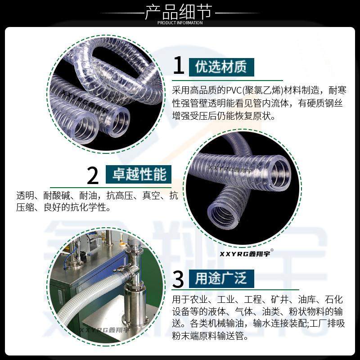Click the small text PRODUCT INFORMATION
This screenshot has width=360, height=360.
tap(180, 23)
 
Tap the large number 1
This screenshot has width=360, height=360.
tap(179, 66)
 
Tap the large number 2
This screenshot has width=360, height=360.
tap(93, 175)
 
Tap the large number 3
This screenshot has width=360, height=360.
tap(179, 279)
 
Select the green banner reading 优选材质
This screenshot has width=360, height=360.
tap(221, 67)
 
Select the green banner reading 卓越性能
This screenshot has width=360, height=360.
tap(139, 174)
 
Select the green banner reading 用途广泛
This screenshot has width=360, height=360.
tap(222, 279)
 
